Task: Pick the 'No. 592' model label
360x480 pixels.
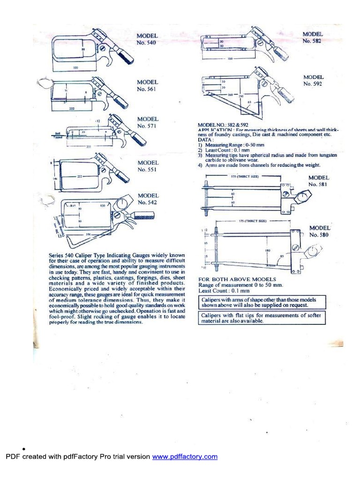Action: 314,84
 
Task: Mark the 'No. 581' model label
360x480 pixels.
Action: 319,185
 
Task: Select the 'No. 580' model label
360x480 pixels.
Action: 319,234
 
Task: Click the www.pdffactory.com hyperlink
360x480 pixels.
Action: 185,457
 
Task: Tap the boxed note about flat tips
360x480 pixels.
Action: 261,318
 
